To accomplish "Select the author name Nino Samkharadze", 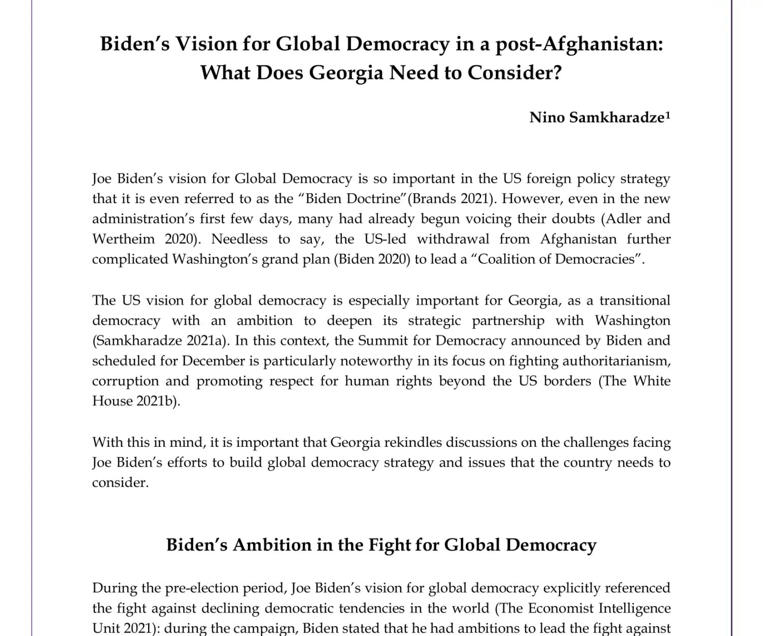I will tap(597, 118).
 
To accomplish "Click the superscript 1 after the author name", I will tap(668, 115).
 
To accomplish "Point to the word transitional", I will tap(634, 300).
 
